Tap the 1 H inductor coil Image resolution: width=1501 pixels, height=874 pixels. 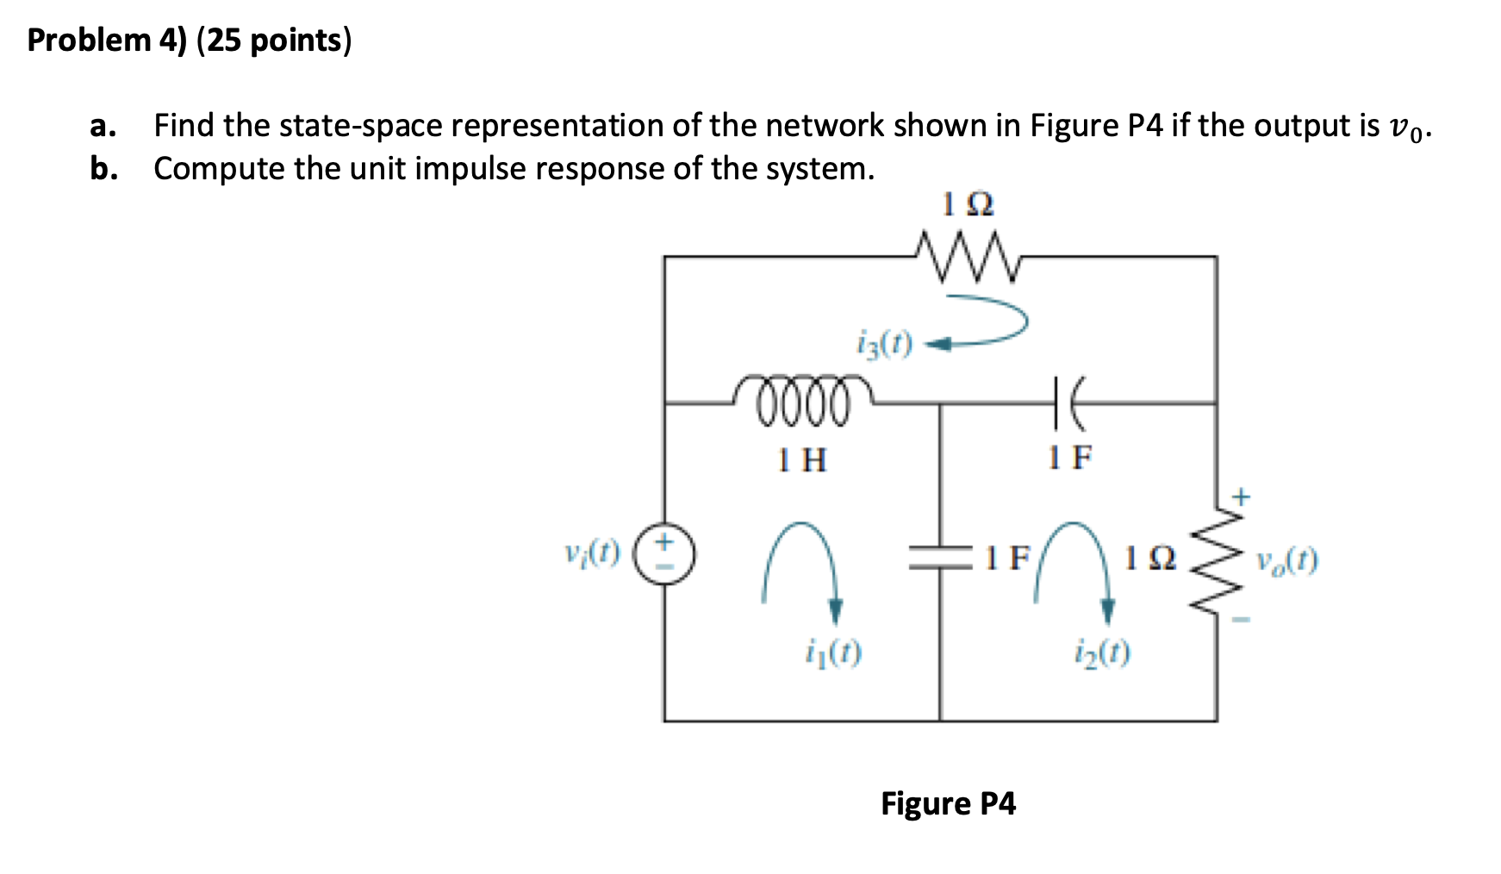tap(801, 399)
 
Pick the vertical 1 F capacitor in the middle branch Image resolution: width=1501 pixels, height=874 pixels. tap(940, 558)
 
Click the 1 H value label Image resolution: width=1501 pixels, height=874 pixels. tap(801, 459)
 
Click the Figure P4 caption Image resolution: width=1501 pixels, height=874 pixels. tap(948, 803)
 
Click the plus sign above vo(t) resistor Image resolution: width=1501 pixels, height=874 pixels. tap(1240, 496)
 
